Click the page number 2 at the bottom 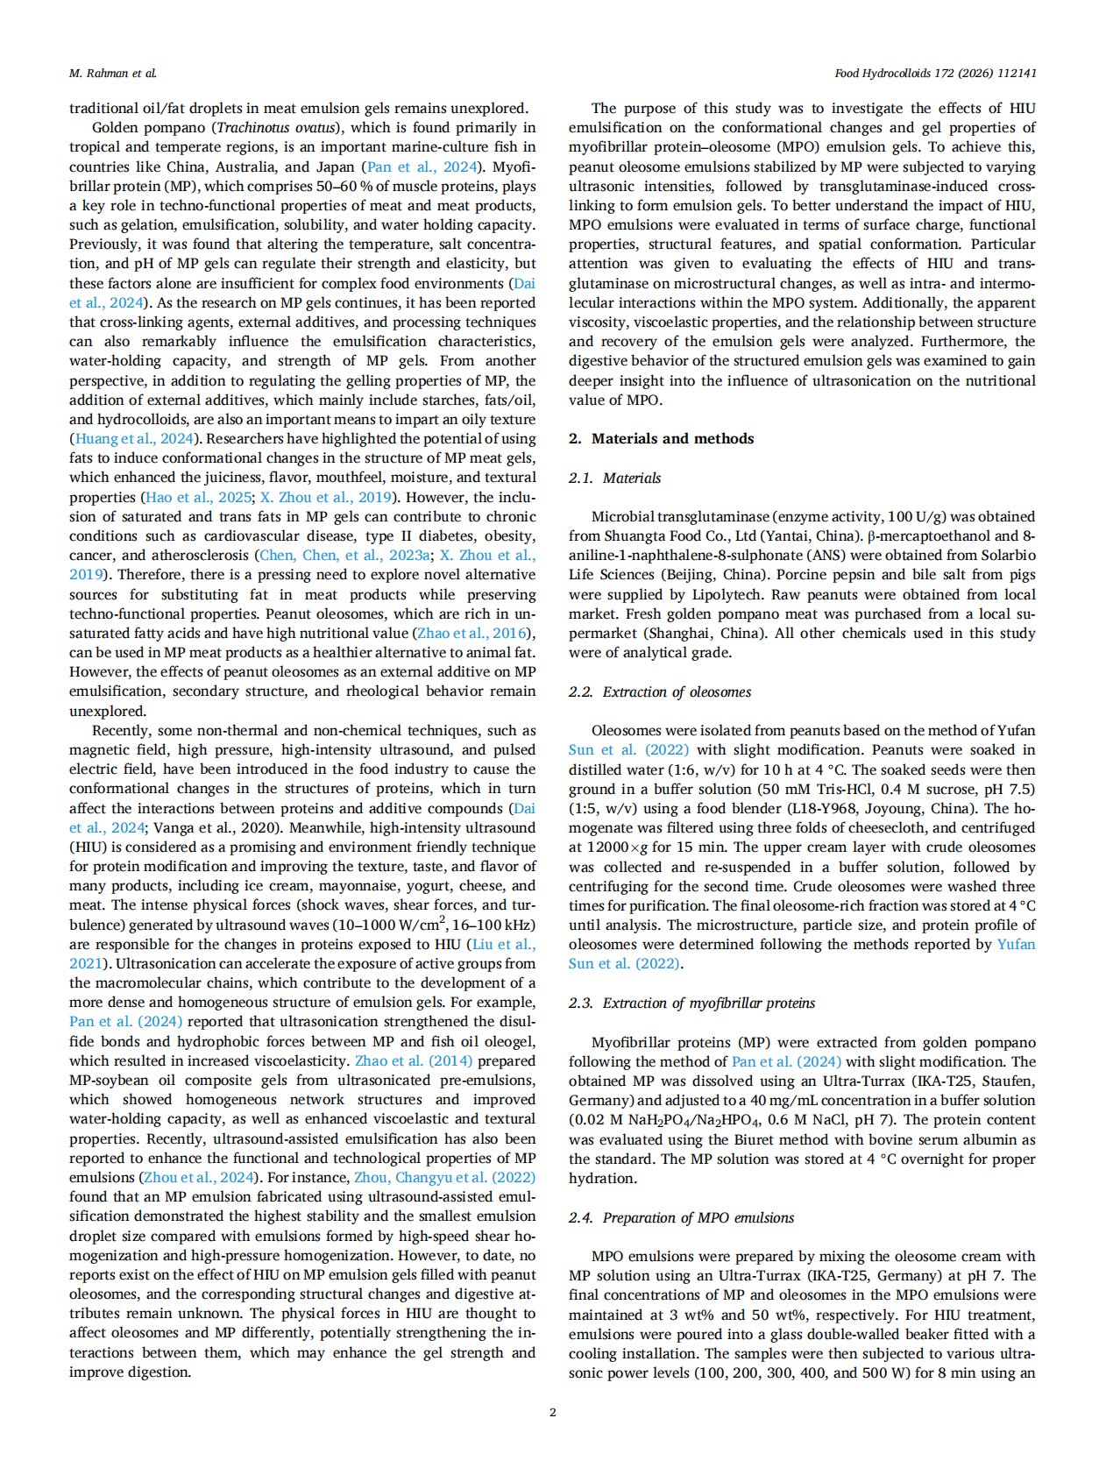pyautogui.click(x=552, y=1412)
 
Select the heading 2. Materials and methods pyautogui.click(x=661, y=438)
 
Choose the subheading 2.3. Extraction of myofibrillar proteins pyautogui.click(x=691, y=1003)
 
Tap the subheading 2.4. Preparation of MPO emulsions pyautogui.click(x=681, y=1217)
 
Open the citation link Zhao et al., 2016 pyautogui.click(x=472, y=633)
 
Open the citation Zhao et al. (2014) pyautogui.click(x=414, y=1060)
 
